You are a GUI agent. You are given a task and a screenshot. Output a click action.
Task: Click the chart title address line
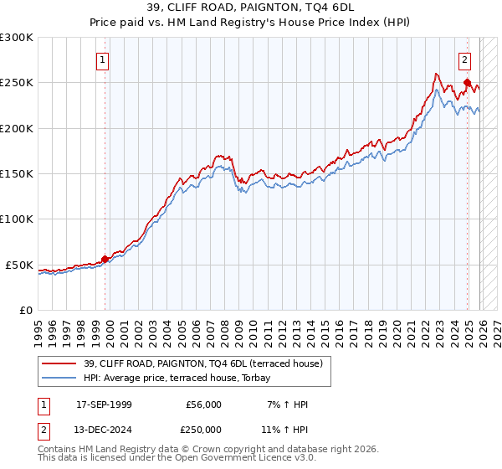251,8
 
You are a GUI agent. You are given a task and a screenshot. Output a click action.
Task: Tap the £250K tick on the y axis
17,83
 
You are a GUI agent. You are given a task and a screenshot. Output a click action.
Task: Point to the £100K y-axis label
17,219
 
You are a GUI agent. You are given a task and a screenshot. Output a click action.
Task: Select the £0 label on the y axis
27,310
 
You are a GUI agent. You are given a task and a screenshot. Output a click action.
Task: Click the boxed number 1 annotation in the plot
102,59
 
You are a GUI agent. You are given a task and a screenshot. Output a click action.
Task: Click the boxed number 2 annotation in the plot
464,59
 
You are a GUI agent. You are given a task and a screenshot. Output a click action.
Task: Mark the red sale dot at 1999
105,259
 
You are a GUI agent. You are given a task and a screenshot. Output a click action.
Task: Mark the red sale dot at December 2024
467,83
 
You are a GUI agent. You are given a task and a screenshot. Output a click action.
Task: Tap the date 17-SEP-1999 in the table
104,405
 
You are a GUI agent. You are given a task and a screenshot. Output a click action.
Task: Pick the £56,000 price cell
202,405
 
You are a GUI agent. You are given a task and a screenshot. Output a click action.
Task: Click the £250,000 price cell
202,428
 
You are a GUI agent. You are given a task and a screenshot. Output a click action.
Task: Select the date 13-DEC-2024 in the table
104,428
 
